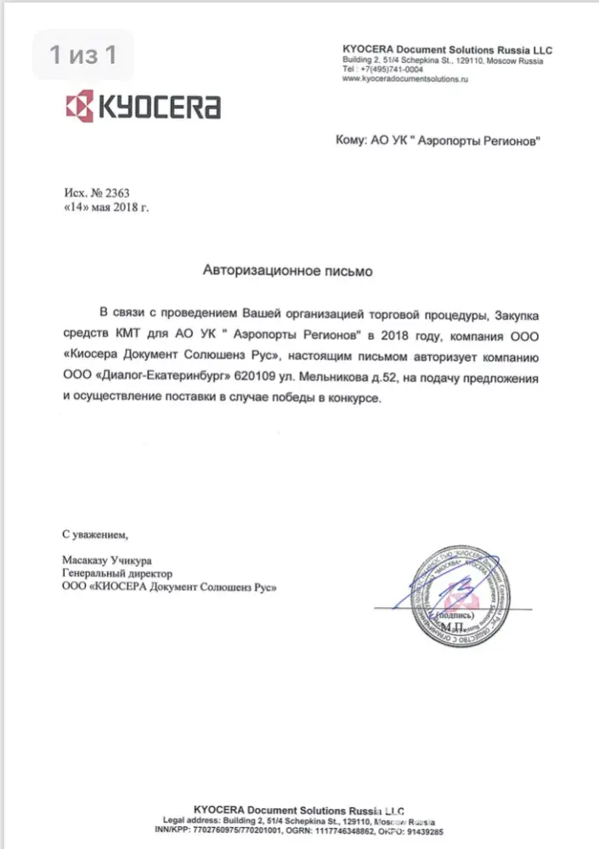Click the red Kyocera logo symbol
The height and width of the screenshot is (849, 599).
pos(82,108)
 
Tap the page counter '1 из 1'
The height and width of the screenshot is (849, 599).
pos(82,57)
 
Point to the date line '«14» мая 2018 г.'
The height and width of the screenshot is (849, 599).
pos(106,207)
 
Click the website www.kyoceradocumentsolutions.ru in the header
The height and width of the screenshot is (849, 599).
pos(405,79)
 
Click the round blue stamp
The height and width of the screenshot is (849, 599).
pos(461,594)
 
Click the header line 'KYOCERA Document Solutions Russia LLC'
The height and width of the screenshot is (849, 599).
pos(447,51)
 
